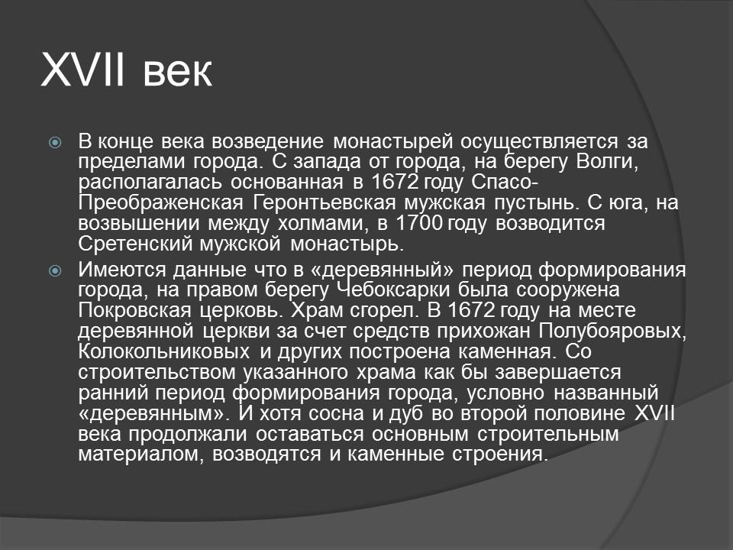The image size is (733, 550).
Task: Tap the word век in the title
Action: (176, 73)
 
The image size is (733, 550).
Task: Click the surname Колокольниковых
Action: (162, 352)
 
